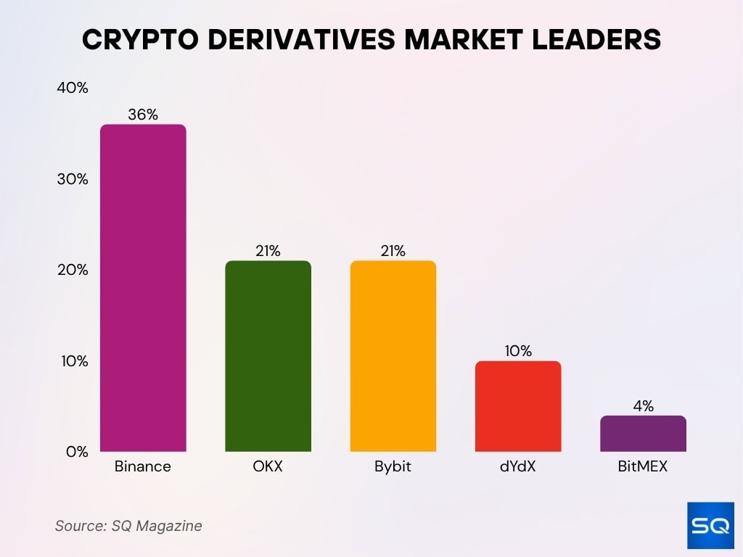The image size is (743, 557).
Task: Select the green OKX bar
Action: [x=268, y=356]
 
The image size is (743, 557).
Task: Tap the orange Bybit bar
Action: [x=393, y=356]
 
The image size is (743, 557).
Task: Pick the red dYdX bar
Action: [x=518, y=406]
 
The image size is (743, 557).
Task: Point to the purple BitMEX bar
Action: [x=643, y=434]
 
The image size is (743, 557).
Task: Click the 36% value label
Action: [x=143, y=114]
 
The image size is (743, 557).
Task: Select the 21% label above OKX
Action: [x=268, y=251]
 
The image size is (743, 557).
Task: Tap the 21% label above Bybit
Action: [x=393, y=251]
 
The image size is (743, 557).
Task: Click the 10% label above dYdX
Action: [x=518, y=351]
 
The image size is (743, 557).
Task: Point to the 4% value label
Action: [x=643, y=406]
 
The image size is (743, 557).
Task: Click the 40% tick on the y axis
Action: [x=72, y=88]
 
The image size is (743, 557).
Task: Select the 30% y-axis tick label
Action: [x=72, y=179]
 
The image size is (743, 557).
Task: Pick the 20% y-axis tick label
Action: [x=72, y=270]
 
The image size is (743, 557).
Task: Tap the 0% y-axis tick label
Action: [x=76, y=452]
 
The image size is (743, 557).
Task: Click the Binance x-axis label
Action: [x=143, y=466]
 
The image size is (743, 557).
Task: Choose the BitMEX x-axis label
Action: [x=643, y=466]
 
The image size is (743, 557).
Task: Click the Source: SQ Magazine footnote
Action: [x=128, y=526]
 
